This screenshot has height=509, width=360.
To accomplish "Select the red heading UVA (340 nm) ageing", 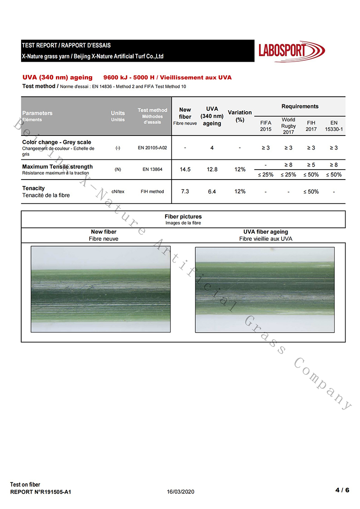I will pyautogui.click(x=58, y=77).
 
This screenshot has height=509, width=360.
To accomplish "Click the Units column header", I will pyautogui.click(x=118, y=116).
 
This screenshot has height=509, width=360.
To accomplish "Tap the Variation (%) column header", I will pyautogui.click(x=240, y=116).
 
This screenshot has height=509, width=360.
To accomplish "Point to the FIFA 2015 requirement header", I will pyautogui.click(x=265, y=126).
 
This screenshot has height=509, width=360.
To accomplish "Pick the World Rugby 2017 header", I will pyautogui.click(x=288, y=126).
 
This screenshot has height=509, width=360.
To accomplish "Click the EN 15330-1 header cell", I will pyautogui.click(x=334, y=126).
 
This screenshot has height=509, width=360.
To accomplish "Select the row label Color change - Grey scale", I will pyautogui.click(x=57, y=142).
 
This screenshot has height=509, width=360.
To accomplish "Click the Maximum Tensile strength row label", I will pyautogui.click(x=57, y=167).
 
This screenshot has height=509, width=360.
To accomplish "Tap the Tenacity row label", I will pyautogui.click(x=34, y=188).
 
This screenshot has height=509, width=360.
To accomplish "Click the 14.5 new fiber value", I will pyautogui.click(x=185, y=170).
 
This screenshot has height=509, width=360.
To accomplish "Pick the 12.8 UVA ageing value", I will pyautogui.click(x=212, y=170).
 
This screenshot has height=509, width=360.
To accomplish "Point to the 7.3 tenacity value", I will pyautogui.click(x=185, y=191).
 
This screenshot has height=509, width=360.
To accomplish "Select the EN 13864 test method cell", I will pyautogui.click(x=152, y=170).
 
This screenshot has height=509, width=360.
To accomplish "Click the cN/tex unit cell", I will pyautogui.click(x=118, y=191).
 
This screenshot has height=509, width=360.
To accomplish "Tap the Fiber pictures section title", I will pyautogui.click(x=183, y=216).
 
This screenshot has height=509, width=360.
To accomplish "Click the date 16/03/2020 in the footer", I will pyautogui.click(x=181, y=492).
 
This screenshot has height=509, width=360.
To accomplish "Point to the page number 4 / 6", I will pyautogui.click(x=342, y=490).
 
